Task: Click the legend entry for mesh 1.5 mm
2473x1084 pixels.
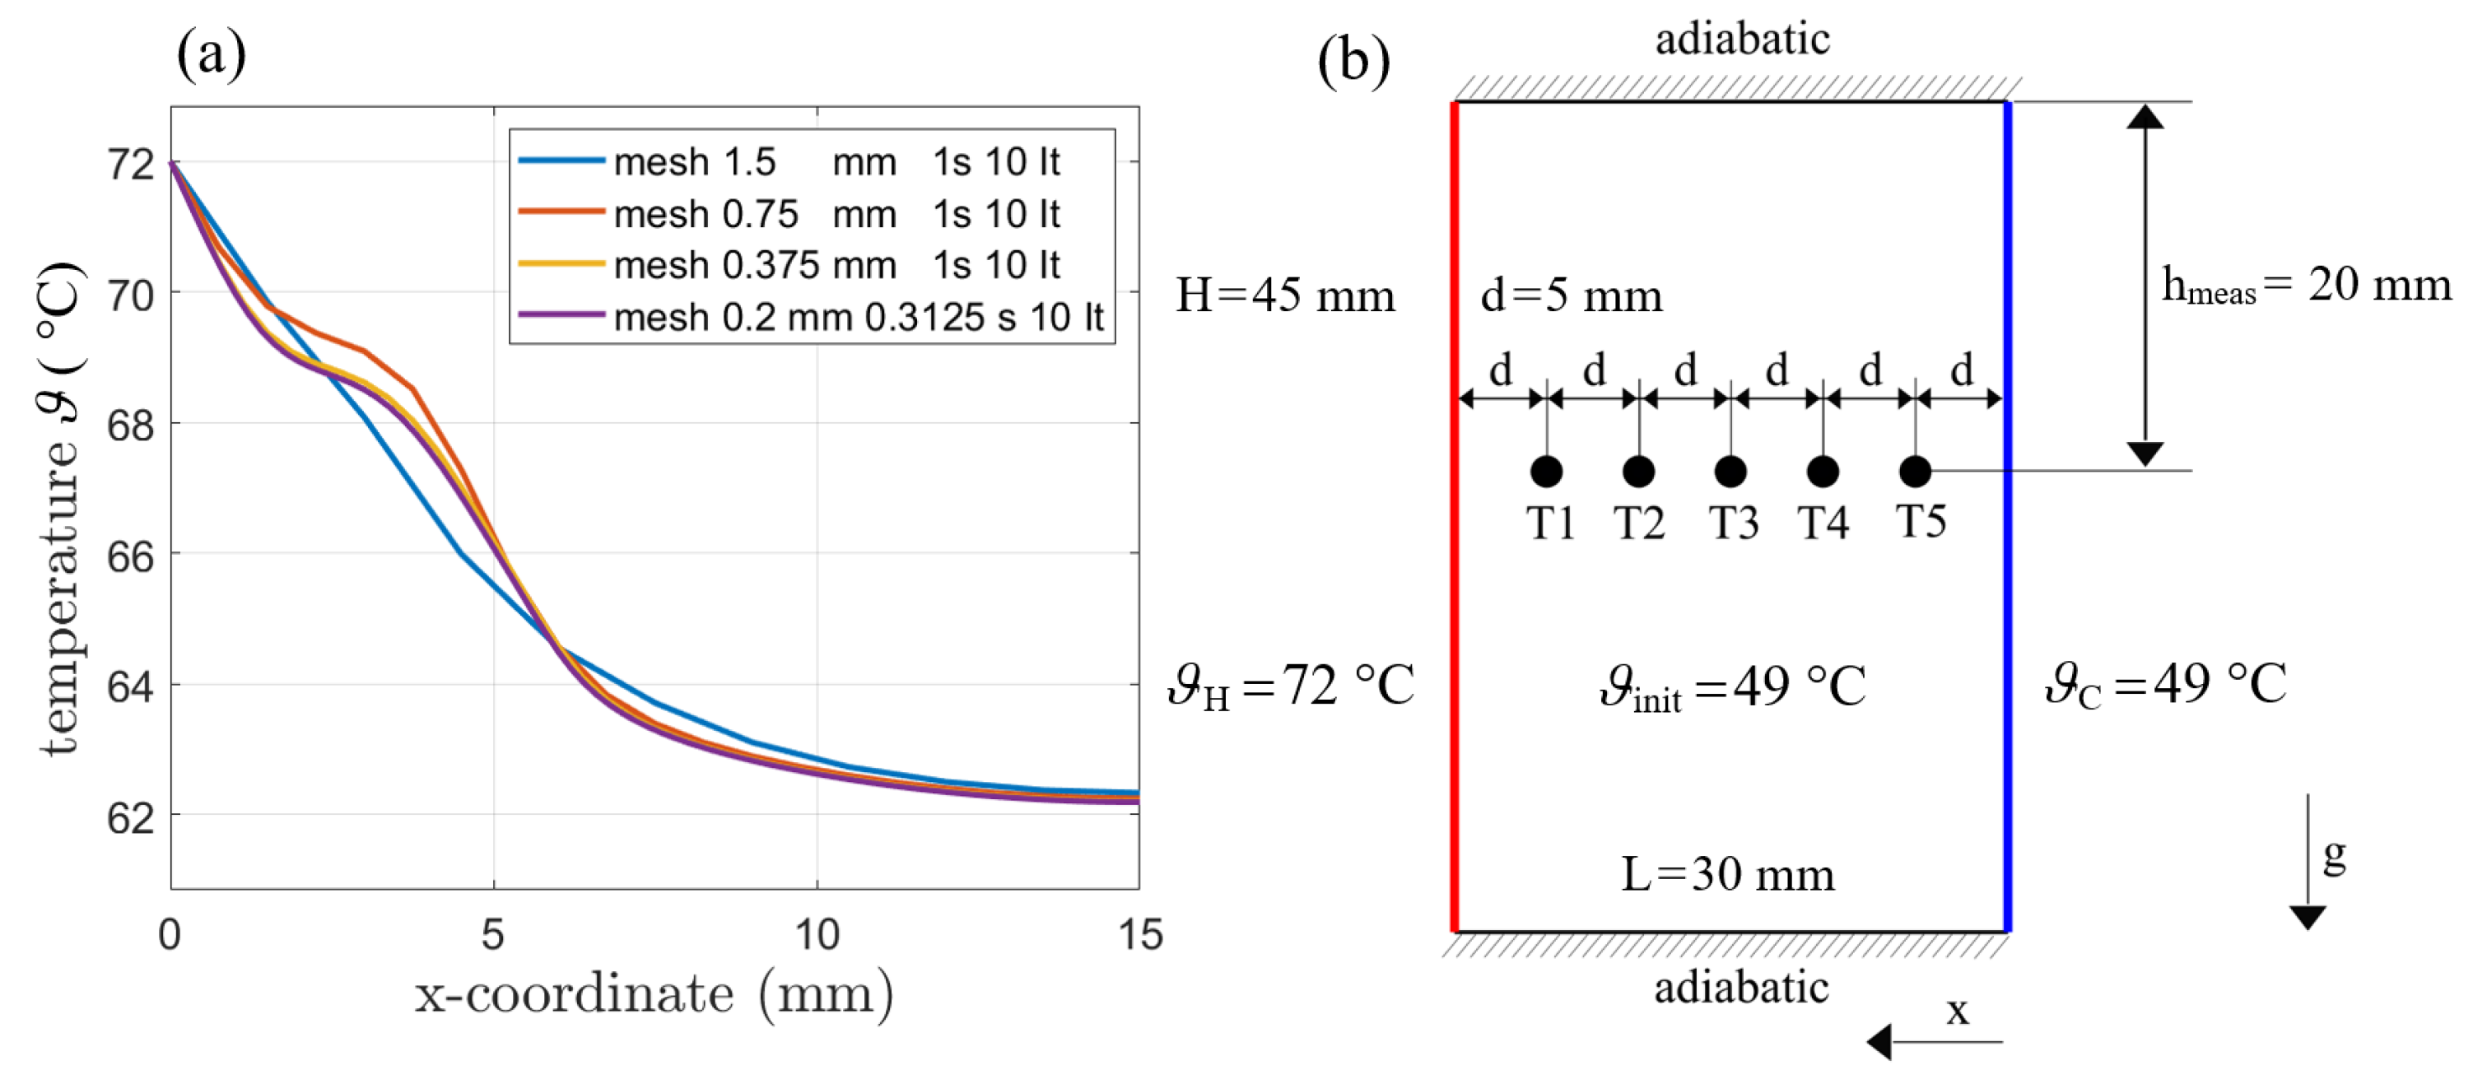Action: (787, 162)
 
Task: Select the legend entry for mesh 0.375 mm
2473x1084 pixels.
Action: (787, 265)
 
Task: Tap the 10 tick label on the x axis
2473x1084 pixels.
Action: (817, 933)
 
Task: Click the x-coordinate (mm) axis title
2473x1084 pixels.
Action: (654, 995)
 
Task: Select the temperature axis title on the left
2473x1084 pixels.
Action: (59, 509)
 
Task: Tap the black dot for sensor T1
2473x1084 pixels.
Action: (1546, 472)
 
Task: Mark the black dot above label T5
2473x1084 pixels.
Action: (1915, 472)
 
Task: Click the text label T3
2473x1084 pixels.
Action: (1733, 523)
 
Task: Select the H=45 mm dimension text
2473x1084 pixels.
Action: (1284, 295)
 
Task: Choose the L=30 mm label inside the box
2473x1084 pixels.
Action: (1727, 875)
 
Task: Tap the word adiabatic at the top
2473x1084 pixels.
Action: (1743, 40)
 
